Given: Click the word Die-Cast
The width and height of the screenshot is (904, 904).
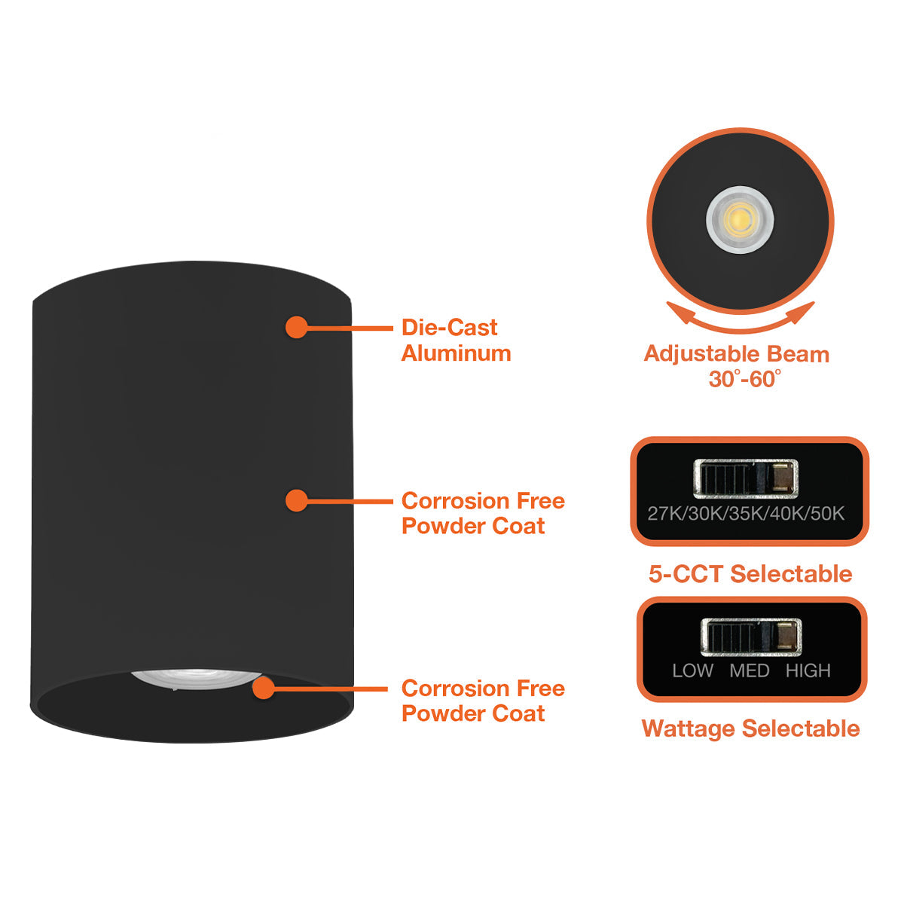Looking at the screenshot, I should click(x=449, y=328).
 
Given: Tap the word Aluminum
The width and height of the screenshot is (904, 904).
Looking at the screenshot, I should click(x=456, y=353).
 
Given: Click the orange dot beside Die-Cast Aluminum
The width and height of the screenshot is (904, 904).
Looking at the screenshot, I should click(x=296, y=327).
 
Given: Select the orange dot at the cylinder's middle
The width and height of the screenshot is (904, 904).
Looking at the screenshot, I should click(x=297, y=500).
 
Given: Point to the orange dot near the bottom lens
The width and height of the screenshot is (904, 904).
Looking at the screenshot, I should click(x=263, y=688).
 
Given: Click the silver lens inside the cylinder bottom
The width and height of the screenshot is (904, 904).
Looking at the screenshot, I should click(x=194, y=676).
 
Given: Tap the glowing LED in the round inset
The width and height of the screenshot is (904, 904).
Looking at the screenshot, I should click(x=740, y=220).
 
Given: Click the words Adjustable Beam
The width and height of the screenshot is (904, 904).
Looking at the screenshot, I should click(x=736, y=354).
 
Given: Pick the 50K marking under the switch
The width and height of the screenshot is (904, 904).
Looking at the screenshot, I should click(x=827, y=514).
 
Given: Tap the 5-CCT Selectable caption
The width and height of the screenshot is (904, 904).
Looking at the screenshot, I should click(x=750, y=574).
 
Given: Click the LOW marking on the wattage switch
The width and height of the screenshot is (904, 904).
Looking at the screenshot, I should click(x=692, y=670).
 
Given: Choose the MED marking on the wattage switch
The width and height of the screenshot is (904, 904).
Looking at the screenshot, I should click(x=749, y=670).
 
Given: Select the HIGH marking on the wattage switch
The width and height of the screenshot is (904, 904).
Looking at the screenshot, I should click(x=808, y=670).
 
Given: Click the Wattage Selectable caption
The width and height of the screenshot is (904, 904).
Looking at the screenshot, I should click(x=750, y=728).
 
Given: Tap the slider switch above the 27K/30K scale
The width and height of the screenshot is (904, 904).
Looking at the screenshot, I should click(x=745, y=478).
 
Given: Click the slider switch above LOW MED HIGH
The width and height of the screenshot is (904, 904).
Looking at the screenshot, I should click(x=750, y=637).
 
